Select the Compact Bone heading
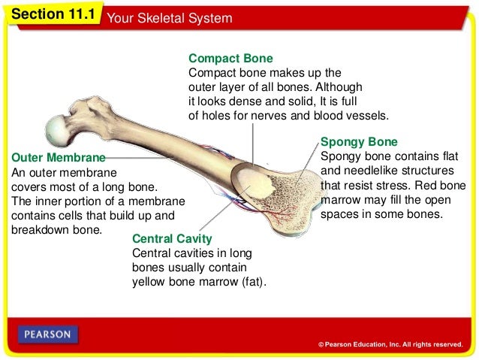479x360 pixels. pyautogui.click(x=230, y=58)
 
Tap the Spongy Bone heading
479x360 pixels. pyautogui.click(x=359, y=141)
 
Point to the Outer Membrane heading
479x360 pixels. pyautogui.click(x=56, y=159)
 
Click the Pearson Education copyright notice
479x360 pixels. pyautogui.click(x=390, y=344)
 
